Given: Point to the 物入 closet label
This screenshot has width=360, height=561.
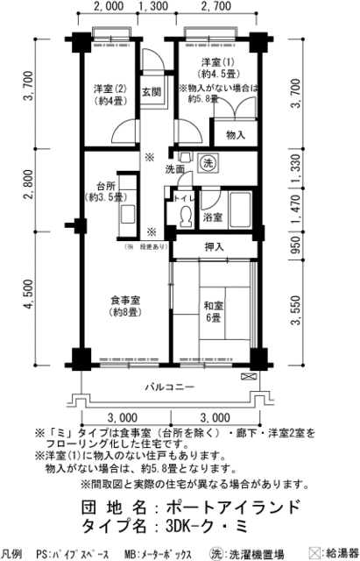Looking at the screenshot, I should pos(235,134).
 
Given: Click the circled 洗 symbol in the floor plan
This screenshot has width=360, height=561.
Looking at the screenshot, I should pos(210,164).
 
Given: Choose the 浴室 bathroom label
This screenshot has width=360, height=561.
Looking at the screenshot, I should pos(213,217).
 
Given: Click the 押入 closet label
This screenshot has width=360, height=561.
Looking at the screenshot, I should pos(214,248).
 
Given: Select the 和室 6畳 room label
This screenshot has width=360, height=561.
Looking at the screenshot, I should pos(214,312).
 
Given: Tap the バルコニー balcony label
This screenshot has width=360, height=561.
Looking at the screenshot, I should pos(169,387).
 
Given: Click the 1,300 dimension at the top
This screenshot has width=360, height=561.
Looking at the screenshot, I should pos(153,7).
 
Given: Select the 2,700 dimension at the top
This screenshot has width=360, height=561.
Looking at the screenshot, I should pos(215,7).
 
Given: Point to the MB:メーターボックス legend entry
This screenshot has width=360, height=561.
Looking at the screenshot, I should pos(156,555).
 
